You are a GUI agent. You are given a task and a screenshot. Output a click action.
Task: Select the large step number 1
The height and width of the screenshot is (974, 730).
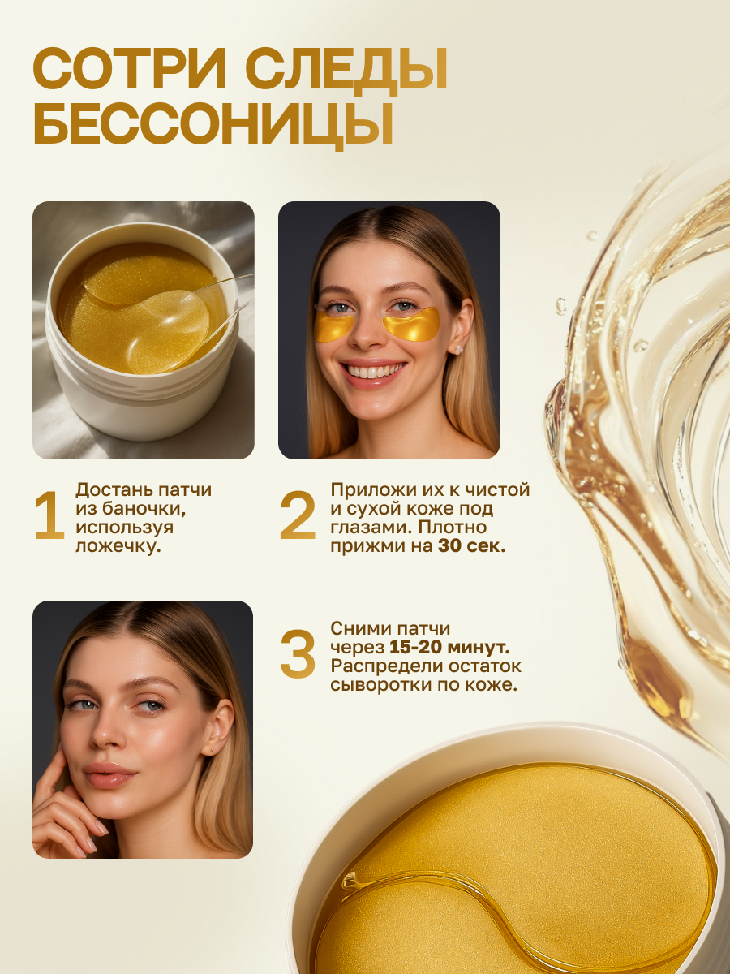click(x=49, y=515)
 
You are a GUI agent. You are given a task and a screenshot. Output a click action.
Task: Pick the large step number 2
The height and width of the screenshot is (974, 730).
click(x=298, y=515)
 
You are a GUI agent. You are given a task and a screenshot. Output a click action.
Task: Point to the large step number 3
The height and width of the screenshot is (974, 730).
click(x=298, y=654)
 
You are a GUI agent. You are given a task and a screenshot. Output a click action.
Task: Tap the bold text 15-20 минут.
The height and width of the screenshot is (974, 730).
click(x=449, y=648)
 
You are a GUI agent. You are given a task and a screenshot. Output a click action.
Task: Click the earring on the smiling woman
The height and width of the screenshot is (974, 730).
click(x=457, y=349)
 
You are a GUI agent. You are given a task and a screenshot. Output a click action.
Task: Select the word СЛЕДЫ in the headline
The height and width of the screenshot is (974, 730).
click(x=346, y=72)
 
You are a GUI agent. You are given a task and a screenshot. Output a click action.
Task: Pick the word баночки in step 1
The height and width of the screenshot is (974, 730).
click(x=143, y=509)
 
